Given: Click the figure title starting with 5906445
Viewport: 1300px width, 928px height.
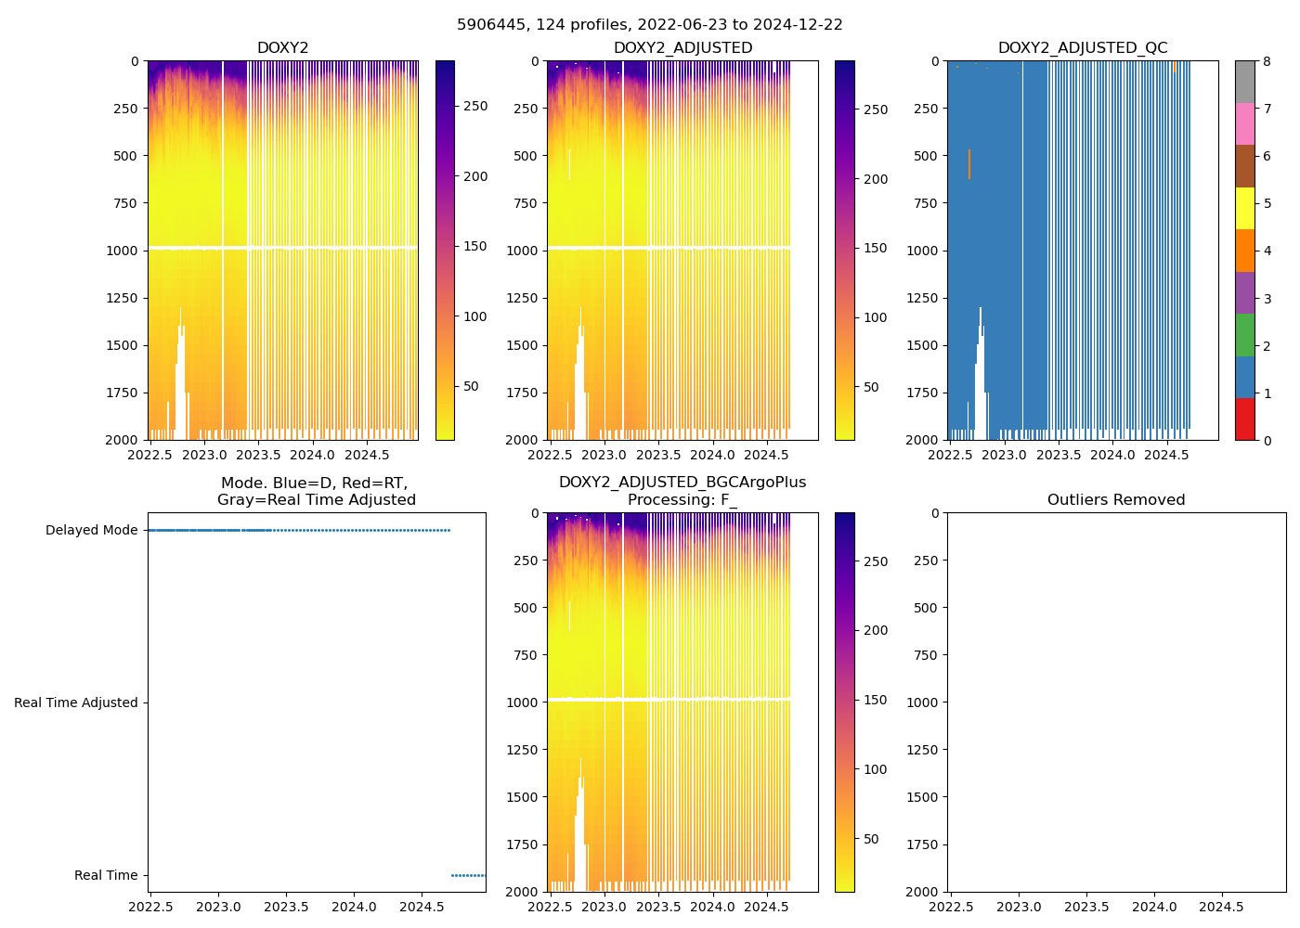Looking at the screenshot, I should click(650, 25).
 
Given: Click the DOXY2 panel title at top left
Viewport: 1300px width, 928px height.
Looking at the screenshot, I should click(282, 48).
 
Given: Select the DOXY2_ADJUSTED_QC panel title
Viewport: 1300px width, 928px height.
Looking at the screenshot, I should click(1083, 48).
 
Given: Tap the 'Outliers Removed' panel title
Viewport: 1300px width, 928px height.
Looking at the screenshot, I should click(1116, 500).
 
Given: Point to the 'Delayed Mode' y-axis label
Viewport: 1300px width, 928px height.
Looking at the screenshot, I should click(91, 531).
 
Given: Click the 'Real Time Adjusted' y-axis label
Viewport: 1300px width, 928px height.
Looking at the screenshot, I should click(75, 703).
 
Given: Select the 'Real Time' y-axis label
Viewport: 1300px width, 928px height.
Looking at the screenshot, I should click(106, 876).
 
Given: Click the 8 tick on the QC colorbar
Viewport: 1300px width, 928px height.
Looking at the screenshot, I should click(1267, 61).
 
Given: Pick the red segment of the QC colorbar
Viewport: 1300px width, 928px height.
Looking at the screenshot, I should click(1245, 419).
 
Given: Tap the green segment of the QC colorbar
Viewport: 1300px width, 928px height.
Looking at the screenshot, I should click(1245, 335).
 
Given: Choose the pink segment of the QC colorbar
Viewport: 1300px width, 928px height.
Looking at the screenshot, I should click(1245, 123).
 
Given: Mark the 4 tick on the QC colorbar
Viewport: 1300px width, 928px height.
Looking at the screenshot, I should click(1267, 251).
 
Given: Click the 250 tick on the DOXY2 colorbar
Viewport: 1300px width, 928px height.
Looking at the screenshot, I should click(475, 107).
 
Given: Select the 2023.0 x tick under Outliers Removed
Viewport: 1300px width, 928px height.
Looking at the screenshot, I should click(1020, 907).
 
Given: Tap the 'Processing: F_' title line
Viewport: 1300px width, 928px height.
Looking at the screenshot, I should click(682, 500).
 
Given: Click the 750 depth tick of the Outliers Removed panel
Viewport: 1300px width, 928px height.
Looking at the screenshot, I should click(928, 655).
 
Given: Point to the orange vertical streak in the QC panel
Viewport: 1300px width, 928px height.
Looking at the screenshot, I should click(969, 164).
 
